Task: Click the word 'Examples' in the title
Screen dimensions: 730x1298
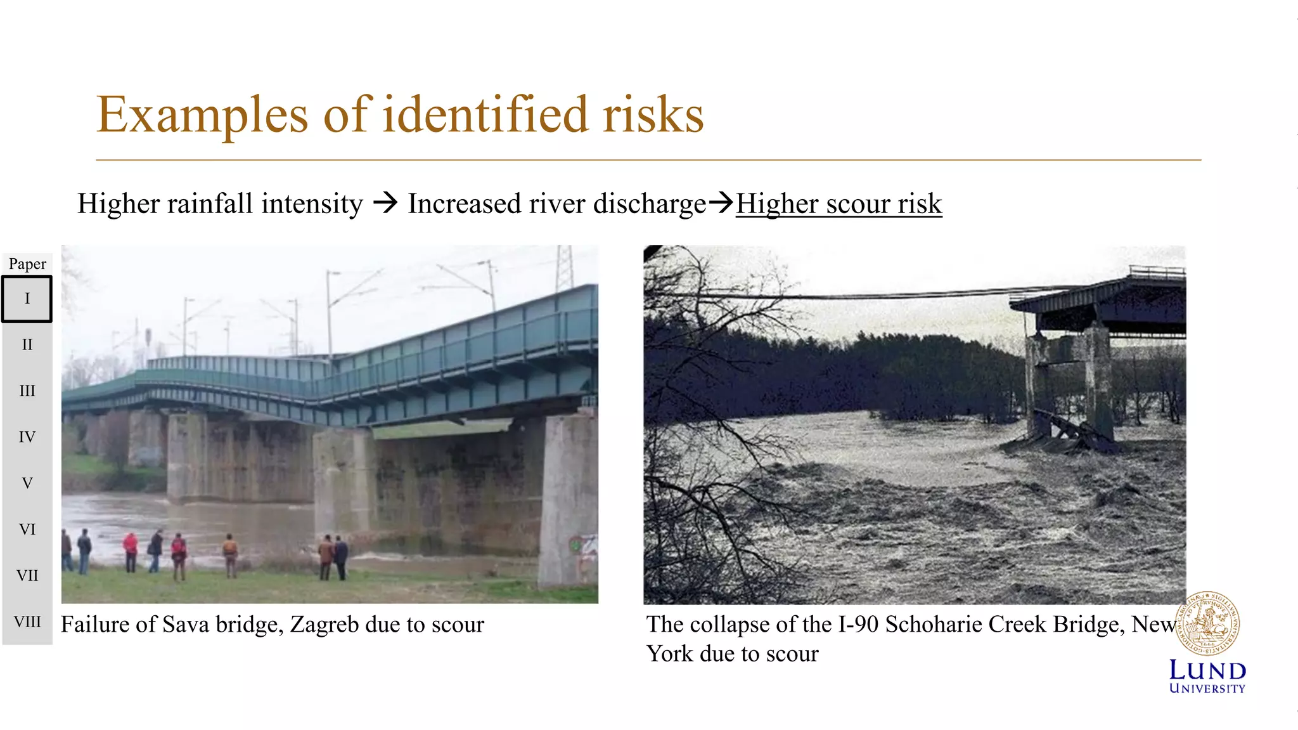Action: tap(202, 115)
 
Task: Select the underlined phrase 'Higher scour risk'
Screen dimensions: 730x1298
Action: tap(839, 204)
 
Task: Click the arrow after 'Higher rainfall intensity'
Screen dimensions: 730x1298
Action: tap(385, 204)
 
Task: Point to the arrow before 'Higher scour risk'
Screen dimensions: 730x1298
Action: tap(721, 204)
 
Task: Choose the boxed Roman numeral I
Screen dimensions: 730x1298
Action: tap(27, 299)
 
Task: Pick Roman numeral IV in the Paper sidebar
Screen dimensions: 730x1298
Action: tap(27, 437)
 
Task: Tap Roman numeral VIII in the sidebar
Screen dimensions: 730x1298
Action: tap(27, 622)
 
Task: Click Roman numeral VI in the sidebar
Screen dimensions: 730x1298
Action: tap(27, 529)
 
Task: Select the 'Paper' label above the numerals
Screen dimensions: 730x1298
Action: tap(27, 264)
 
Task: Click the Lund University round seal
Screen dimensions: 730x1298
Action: tap(1207, 624)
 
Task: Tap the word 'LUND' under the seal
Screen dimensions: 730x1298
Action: tap(1207, 670)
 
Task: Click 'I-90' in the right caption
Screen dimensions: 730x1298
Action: tap(858, 625)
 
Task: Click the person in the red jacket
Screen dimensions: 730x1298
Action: tap(131, 549)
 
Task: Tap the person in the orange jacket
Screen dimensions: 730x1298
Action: tap(230, 552)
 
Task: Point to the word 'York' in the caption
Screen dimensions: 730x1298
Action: tap(670, 654)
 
